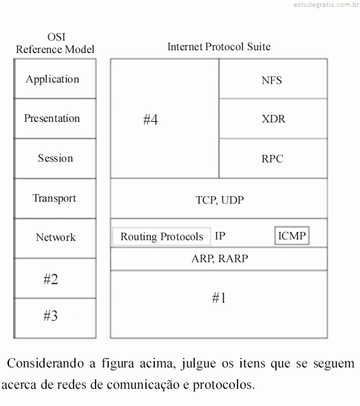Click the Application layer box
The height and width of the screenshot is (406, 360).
tap(55, 78)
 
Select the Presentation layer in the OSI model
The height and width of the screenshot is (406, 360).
tap(55, 118)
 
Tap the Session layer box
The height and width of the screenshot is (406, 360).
tap(55, 158)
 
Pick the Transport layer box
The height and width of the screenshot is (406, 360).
tap(55, 199)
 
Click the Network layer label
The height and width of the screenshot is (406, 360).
tap(56, 237)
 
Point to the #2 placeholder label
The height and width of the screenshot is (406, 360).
tap(51, 279)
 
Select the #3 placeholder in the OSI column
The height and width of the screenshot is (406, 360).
tap(50, 316)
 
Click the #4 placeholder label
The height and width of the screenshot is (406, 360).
tap(151, 119)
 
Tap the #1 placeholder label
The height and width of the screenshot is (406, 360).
tap(219, 297)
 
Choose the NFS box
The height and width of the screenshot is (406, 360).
tap(273, 78)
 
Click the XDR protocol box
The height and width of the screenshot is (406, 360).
tap(273, 118)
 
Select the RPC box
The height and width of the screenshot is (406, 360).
tap(273, 158)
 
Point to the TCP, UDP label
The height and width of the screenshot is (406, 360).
tap(220, 200)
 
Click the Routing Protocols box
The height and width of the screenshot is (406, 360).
tap(162, 237)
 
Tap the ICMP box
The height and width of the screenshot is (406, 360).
tap(292, 235)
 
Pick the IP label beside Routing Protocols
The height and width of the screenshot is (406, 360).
tap(220, 236)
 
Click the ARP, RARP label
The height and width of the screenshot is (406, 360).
tap(220, 259)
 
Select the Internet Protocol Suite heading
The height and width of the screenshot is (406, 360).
tap(219, 47)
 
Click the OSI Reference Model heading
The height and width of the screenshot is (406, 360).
tap(55, 43)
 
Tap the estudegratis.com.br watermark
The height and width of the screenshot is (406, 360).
tap(326, 5)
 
